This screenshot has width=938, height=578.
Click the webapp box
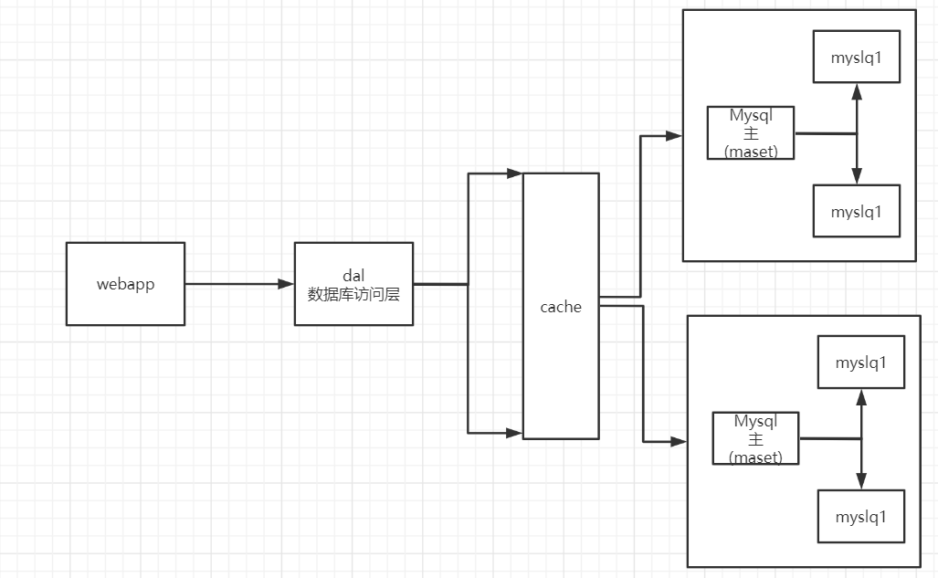pyautogui.click(x=125, y=283)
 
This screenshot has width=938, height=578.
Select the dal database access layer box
pyautogui.click(x=353, y=283)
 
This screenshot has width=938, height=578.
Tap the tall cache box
pyautogui.click(x=561, y=365)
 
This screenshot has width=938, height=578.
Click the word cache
pyautogui.click(x=561, y=307)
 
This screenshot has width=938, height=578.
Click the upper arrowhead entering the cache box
pyautogui.click(x=514, y=173)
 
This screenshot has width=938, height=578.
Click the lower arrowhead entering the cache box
pyautogui.click(x=514, y=431)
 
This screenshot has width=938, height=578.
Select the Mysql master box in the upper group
pyautogui.click(x=751, y=132)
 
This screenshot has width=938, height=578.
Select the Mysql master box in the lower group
pyautogui.click(x=755, y=438)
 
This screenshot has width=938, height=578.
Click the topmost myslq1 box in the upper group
pyautogui.click(x=856, y=58)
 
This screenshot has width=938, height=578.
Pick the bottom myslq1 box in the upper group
pyautogui.click(x=856, y=211)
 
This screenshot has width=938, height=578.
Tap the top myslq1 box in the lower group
pyautogui.click(x=860, y=363)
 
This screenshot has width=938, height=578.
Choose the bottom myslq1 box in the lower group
pyautogui.click(x=860, y=517)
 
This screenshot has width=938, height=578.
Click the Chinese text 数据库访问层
pyautogui.click(x=353, y=294)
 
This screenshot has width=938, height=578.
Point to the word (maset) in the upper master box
pyautogui.click(x=751, y=152)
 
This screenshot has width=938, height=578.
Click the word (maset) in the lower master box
pyautogui.click(x=755, y=457)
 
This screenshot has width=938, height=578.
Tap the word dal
pyautogui.click(x=353, y=274)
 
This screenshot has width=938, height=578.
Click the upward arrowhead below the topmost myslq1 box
pyautogui.click(x=856, y=91)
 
